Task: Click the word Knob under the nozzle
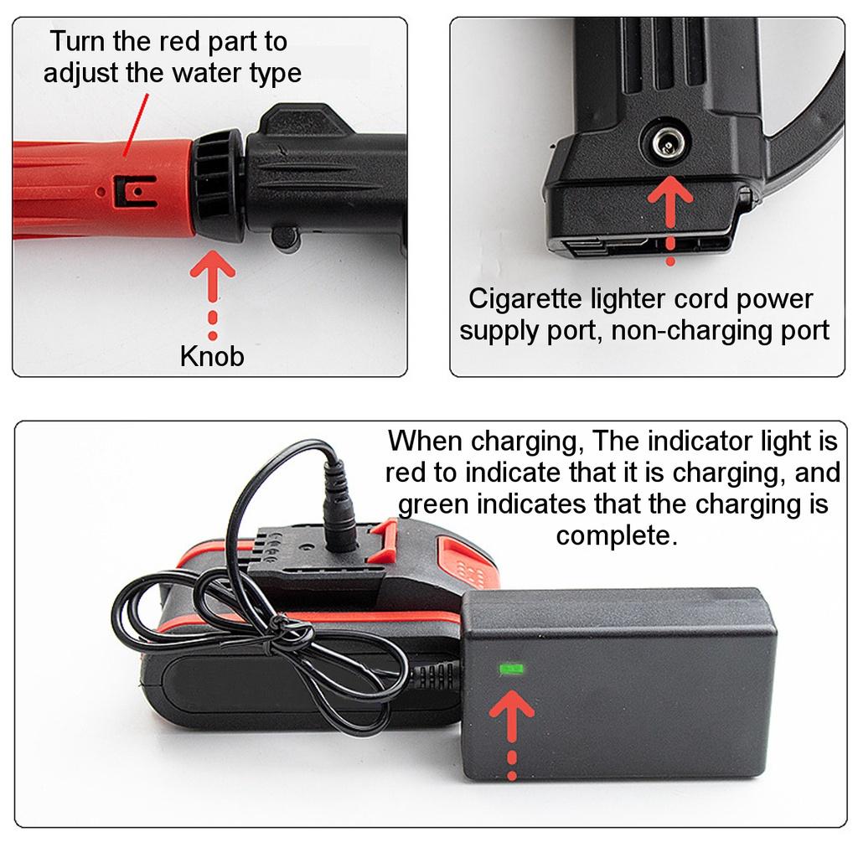[212, 356]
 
